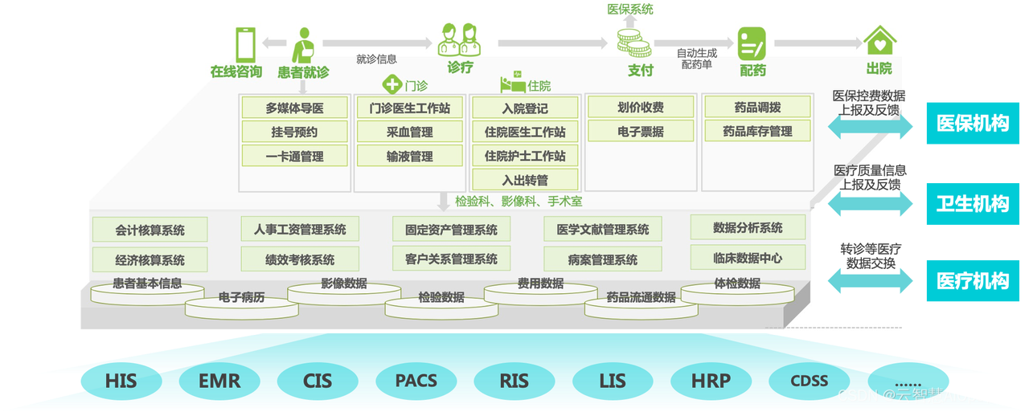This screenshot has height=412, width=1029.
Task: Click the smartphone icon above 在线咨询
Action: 245,43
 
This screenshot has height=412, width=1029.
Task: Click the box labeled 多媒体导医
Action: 294,108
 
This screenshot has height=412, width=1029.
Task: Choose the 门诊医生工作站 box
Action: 409,108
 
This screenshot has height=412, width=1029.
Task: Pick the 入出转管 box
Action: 525,180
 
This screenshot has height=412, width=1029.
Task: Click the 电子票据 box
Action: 640,131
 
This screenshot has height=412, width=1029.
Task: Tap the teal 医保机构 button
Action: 972,124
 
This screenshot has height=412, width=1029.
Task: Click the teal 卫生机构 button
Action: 972,203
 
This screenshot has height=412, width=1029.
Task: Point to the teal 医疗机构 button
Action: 972,281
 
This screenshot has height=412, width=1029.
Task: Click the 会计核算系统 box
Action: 150,230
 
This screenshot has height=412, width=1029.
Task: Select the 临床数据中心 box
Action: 748,258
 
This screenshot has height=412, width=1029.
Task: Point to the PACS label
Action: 416,381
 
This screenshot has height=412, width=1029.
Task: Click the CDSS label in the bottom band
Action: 809,381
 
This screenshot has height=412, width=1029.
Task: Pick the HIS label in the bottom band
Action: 121,381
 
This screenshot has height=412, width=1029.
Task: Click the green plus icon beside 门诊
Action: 392,84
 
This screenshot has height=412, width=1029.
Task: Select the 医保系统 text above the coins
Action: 629,10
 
